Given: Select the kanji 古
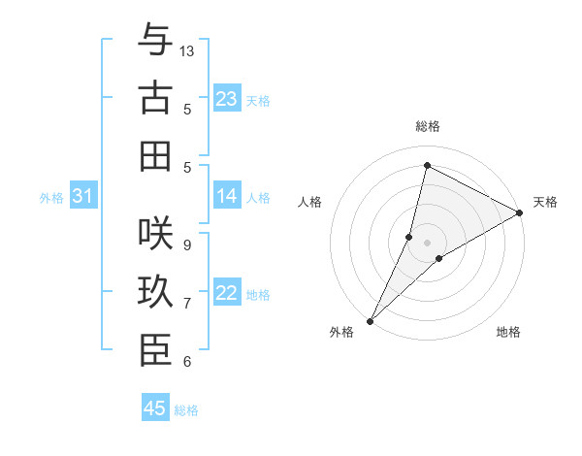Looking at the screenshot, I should [155, 99].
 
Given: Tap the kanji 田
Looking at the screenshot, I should [155, 155].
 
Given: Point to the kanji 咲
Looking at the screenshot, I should [155, 233].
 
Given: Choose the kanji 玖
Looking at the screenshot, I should [155, 292].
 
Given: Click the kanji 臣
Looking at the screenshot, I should [155, 350].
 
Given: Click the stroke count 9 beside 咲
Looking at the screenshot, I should [186, 244].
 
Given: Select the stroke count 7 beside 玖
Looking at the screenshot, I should [186, 304].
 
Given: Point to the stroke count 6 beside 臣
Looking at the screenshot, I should [186, 362].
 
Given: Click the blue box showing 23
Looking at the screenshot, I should [226, 99].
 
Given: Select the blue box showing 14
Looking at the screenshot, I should [226, 196].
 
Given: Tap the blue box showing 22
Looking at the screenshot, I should [226, 293].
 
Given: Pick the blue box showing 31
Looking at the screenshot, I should [82, 196].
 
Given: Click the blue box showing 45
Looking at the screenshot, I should [155, 408].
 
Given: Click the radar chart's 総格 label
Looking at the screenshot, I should [427, 126].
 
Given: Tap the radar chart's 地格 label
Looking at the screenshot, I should [508, 332].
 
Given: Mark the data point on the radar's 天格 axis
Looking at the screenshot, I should [520, 212].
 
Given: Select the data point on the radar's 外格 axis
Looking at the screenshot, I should [370, 321].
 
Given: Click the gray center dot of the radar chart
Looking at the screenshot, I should [427, 243].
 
